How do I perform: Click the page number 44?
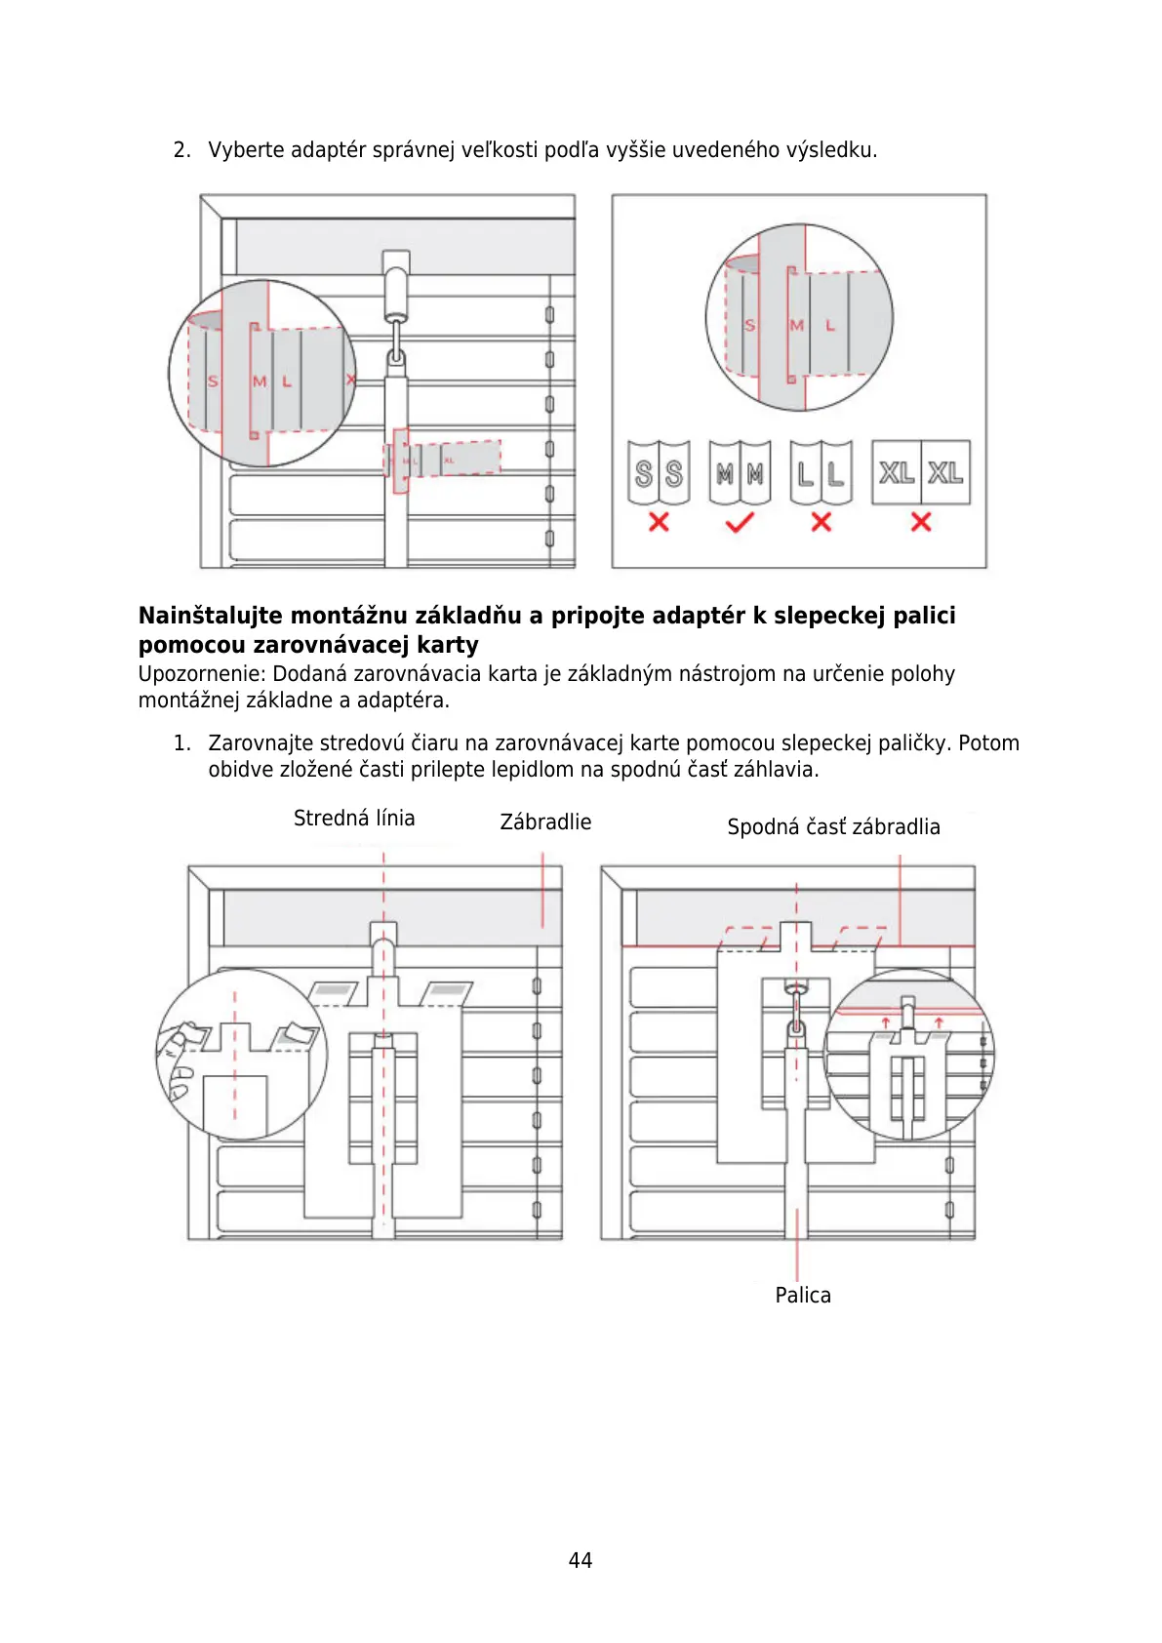580,1560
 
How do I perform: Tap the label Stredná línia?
354,818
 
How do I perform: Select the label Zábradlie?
545,821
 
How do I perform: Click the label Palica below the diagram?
803,1295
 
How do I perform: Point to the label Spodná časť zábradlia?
833,826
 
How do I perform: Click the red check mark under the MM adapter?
740,523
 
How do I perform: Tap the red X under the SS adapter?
659,522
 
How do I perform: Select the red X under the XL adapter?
920,522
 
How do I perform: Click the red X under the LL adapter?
821,522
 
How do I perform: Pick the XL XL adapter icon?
920,473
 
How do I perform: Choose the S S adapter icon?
659,473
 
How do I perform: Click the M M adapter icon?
740,473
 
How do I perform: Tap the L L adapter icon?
821,473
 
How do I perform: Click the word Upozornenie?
201,674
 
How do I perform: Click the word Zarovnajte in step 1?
260,743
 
